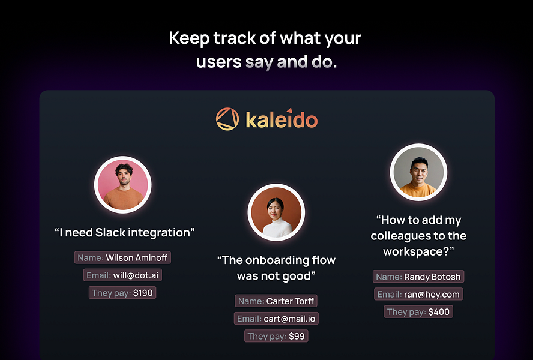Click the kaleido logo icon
(227, 119)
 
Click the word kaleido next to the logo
(281, 119)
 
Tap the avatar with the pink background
(123, 185)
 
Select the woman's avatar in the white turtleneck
(276, 213)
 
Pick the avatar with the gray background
(418, 172)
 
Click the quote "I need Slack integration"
(125, 232)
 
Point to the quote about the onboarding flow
(276, 268)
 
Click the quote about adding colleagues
(418, 236)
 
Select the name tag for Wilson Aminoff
(123, 258)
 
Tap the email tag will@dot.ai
(123, 275)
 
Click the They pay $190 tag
(123, 293)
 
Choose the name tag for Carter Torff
(276, 301)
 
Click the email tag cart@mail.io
(276, 319)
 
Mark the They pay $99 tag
(276, 336)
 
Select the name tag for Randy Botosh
(418, 277)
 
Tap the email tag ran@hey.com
(418, 294)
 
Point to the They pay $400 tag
(418, 311)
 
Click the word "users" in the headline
(219, 62)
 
